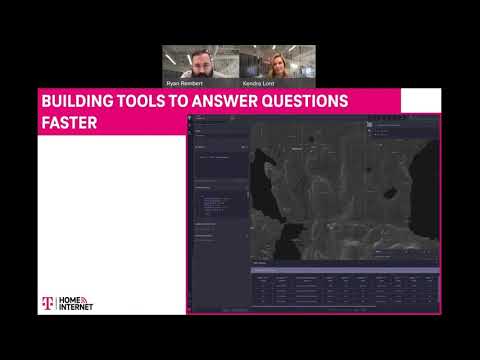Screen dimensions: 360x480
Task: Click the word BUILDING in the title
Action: (76, 102)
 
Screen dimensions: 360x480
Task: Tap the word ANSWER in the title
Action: (232, 102)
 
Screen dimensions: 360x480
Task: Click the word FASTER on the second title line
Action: (69, 125)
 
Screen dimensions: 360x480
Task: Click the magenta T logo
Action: (45, 304)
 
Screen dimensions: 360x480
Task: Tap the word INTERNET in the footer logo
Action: (77, 309)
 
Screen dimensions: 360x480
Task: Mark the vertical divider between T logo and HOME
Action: (56, 304)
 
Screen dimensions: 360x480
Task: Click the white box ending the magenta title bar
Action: (420, 101)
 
